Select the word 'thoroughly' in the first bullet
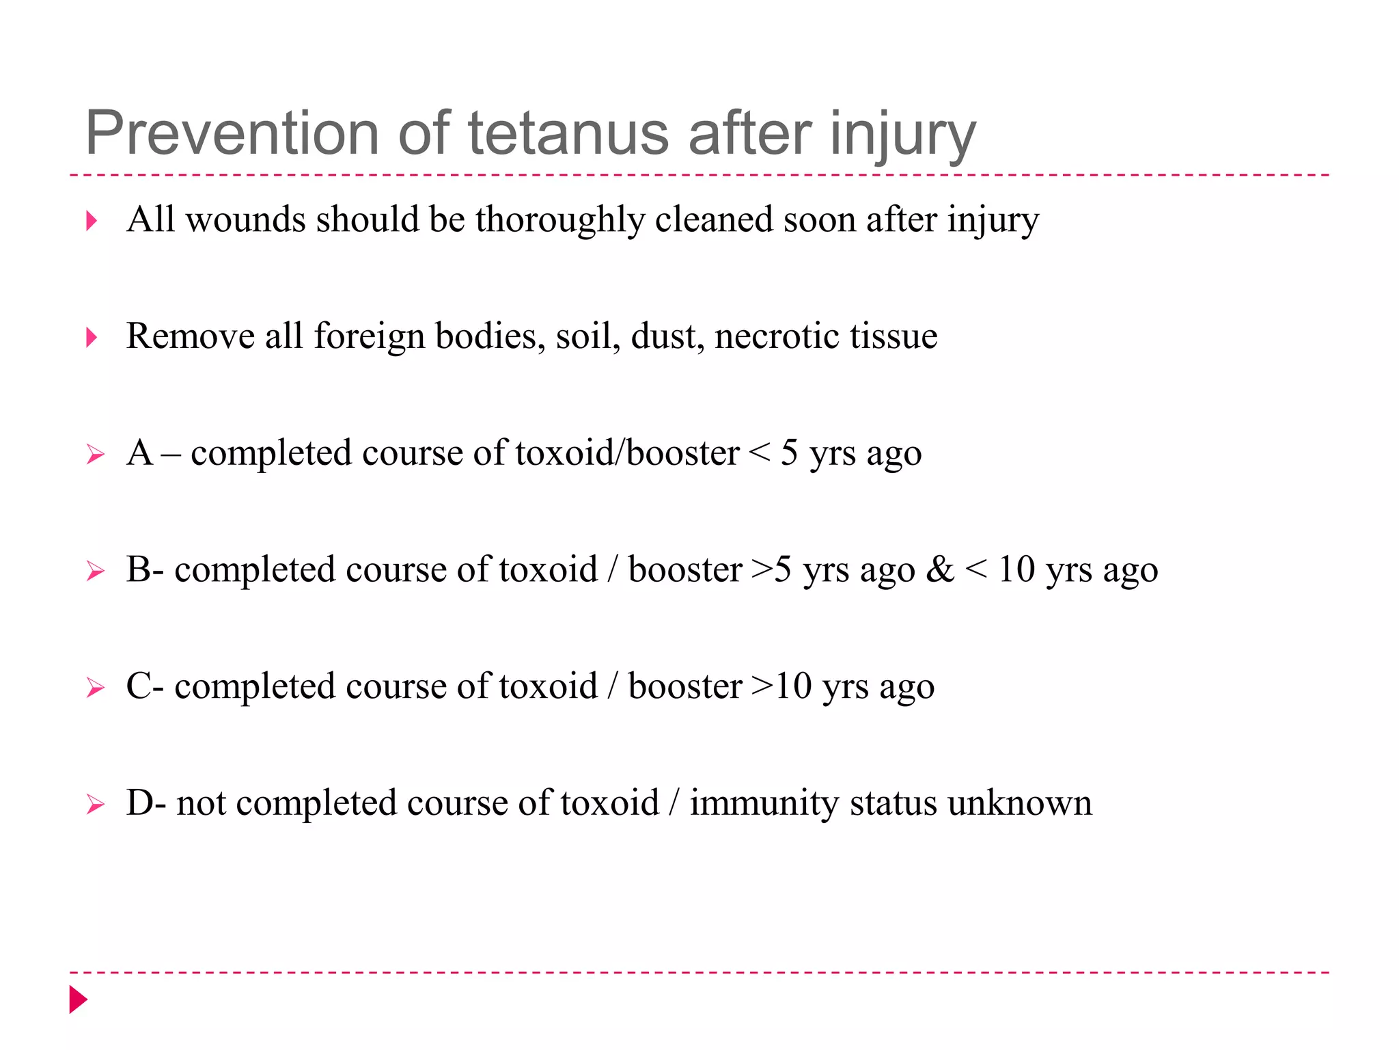pyautogui.click(x=559, y=221)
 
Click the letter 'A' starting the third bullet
pyautogui.click(x=140, y=453)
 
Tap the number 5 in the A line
pyautogui.click(x=789, y=453)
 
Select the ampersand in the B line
pyautogui.click(x=939, y=569)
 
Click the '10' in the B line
pyautogui.click(x=1016, y=569)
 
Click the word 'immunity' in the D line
pyautogui.click(x=764, y=803)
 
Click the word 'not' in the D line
pyautogui.click(x=201, y=803)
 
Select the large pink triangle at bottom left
pyautogui.click(x=78, y=999)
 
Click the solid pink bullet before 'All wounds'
pyautogui.click(x=92, y=221)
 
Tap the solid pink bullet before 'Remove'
pyautogui.click(x=92, y=337)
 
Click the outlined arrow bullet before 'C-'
pyautogui.click(x=96, y=688)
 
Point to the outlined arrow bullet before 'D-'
pyautogui.click(x=96, y=805)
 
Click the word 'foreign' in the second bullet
pyautogui.click(x=369, y=337)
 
